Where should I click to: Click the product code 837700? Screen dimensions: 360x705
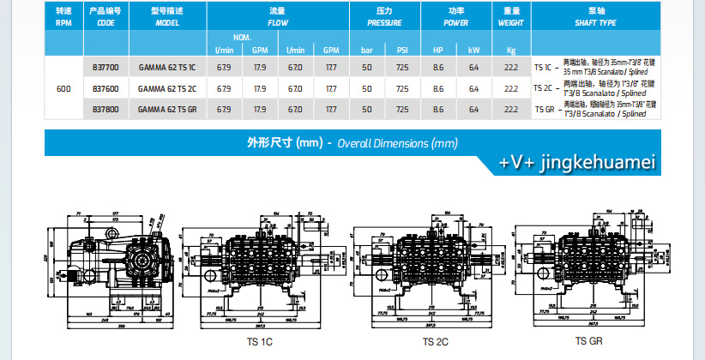pyautogui.click(x=105, y=65)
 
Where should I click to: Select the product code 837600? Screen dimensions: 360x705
pyautogui.click(x=105, y=87)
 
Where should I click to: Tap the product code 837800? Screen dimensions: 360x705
pyautogui.click(x=105, y=109)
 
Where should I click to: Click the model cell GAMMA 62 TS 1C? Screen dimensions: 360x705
pyautogui.click(x=166, y=65)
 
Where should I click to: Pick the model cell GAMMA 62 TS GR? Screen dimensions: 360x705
pyautogui.click(x=166, y=109)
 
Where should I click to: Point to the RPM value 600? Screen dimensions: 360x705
pyautogui.click(x=63, y=87)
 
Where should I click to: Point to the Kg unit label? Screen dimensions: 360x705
pyautogui.click(x=512, y=50)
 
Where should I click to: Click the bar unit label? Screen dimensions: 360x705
pyautogui.click(x=367, y=50)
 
